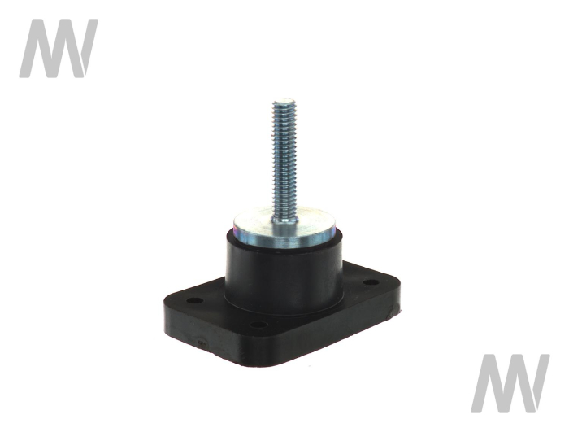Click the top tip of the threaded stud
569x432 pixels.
click(284, 99)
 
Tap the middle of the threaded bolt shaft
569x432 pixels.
click(285, 160)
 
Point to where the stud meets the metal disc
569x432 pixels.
click(285, 220)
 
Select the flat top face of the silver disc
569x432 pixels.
click(283, 220)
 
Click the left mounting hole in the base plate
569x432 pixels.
click(195, 301)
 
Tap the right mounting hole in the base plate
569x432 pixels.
click(371, 282)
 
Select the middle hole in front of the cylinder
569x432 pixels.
click(258, 325)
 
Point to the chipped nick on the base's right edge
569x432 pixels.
click(392, 312)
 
